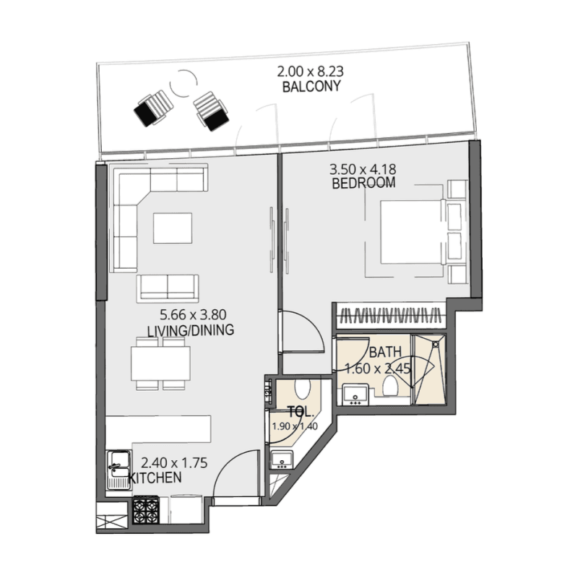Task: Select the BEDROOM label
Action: click(363, 184)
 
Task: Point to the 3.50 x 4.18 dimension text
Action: click(363, 170)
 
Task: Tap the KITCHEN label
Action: click(156, 478)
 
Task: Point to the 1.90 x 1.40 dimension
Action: click(295, 426)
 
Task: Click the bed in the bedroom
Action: click(410, 231)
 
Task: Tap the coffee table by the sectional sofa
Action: click(173, 228)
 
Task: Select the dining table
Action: click(161, 363)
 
